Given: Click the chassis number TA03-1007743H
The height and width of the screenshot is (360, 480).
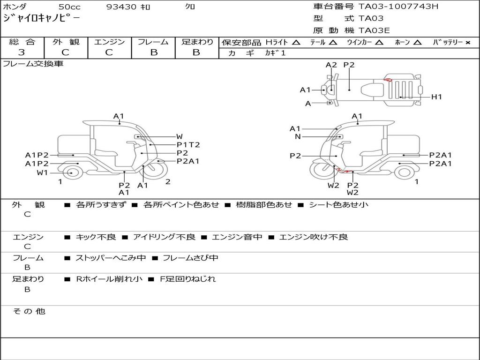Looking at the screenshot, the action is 398,6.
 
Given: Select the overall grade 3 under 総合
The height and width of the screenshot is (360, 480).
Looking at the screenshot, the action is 22,52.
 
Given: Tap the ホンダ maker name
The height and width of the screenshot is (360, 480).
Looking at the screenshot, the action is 15,7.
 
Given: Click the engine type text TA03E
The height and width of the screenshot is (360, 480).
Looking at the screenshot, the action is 374,30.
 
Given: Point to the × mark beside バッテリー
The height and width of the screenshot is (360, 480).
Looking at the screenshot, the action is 468,43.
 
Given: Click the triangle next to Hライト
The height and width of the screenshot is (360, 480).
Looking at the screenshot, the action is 296,42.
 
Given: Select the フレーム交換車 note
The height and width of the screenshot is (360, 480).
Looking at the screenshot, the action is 33,64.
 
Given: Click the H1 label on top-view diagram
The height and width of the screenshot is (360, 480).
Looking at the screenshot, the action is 436,97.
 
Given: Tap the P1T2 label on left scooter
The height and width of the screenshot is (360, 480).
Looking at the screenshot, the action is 188,145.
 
